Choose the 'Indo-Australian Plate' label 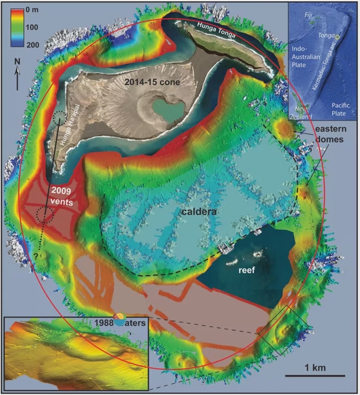[306, 63]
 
